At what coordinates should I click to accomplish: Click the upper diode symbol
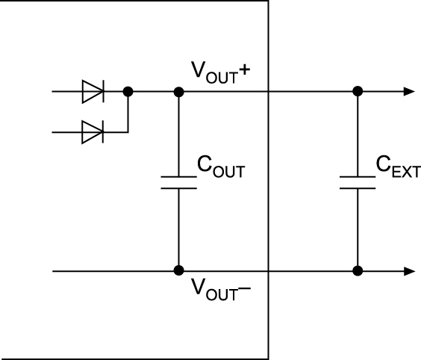coord(93,92)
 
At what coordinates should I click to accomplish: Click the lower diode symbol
coord(93,132)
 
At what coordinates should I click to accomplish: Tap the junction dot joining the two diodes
coord(128,92)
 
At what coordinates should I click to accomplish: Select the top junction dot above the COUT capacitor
coord(179,92)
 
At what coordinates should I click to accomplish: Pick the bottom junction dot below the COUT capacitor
coord(179,270)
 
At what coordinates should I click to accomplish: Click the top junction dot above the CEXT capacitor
coord(358,91)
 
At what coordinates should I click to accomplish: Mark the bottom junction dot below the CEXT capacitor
coord(358,271)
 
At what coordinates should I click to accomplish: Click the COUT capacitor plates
coord(179,183)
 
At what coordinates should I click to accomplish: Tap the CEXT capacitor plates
coord(358,183)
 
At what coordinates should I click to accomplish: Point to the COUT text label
coord(221,167)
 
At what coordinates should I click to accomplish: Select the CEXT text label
coord(399,167)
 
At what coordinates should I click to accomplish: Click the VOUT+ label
coord(221,72)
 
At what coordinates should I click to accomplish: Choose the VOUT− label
coord(221,289)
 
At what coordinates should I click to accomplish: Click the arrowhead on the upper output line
coord(410,92)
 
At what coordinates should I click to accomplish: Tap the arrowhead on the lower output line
coord(410,271)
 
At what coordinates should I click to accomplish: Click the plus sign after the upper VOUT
coord(245,70)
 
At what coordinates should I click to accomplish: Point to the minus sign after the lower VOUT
coord(245,288)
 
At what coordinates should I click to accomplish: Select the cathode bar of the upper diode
coord(104,92)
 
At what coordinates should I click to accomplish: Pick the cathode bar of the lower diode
coord(103,132)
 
